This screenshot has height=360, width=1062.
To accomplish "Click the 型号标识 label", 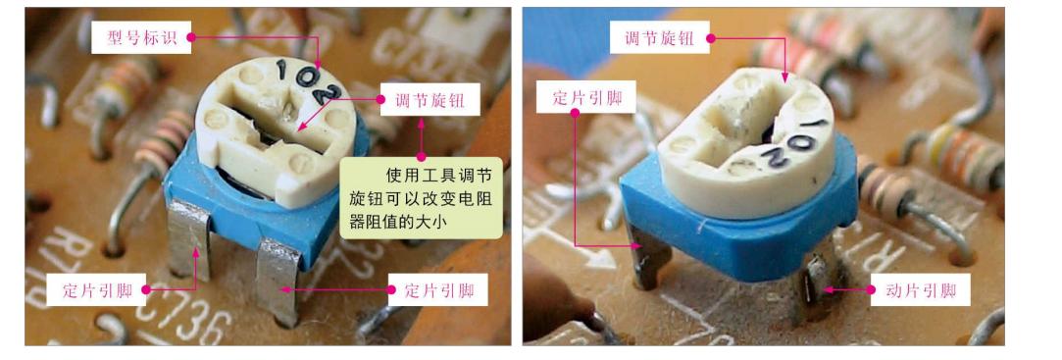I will (138, 38).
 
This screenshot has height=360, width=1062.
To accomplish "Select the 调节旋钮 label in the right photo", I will (658, 39).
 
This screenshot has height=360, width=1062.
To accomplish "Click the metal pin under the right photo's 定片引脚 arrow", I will (645, 260).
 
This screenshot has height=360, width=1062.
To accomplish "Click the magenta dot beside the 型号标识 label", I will (189, 38).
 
